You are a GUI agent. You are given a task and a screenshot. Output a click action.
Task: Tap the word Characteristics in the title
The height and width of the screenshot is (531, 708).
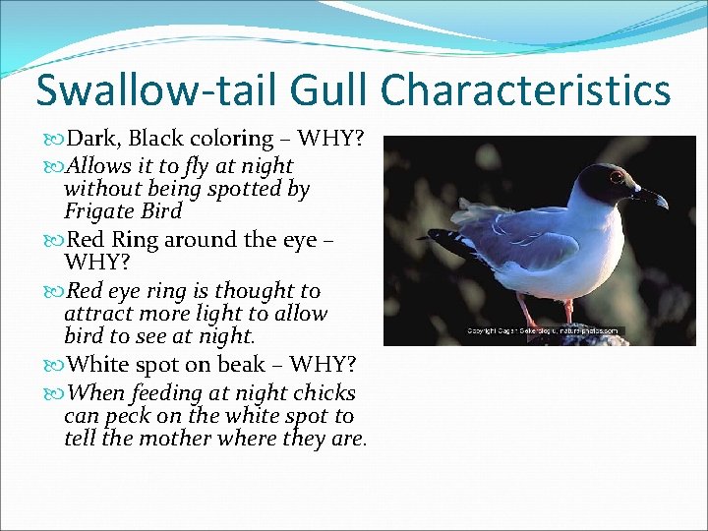point(525,89)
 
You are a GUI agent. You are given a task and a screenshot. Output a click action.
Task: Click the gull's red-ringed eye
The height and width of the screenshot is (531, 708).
point(616,178)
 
